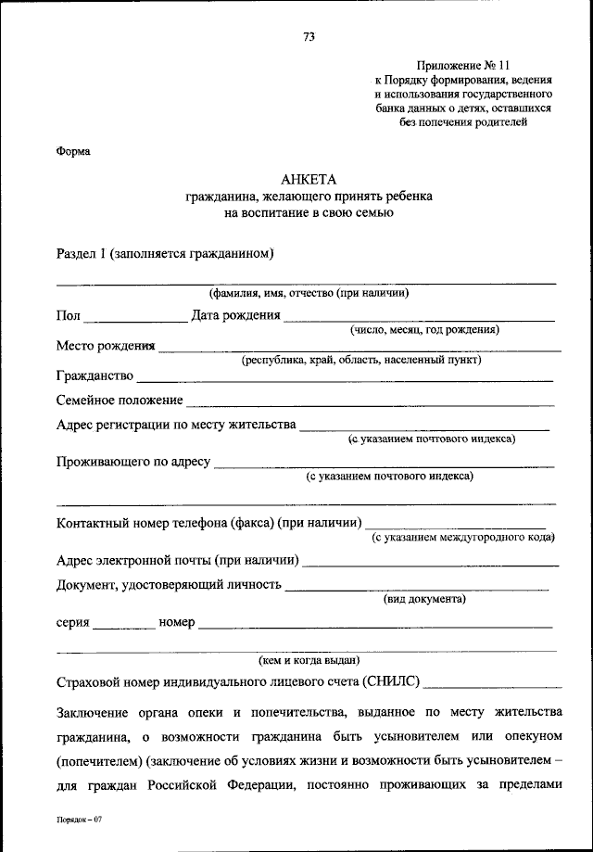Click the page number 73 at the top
click(x=309, y=37)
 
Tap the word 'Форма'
click(x=73, y=151)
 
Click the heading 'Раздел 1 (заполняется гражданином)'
click(x=164, y=253)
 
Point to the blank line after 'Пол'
click(x=135, y=320)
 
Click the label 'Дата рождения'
click(x=235, y=315)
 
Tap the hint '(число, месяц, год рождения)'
click(x=424, y=329)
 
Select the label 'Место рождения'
click(x=105, y=346)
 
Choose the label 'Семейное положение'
click(x=120, y=401)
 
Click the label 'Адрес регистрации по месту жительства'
click(x=176, y=425)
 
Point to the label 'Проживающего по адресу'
click(x=133, y=461)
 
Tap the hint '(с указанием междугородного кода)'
click(x=462, y=537)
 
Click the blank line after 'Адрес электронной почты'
click(x=431, y=564)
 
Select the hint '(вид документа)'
click(x=424, y=599)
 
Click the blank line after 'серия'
click(x=124, y=628)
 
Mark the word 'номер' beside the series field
click(x=177, y=622)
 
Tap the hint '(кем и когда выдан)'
click(x=309, y=659)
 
